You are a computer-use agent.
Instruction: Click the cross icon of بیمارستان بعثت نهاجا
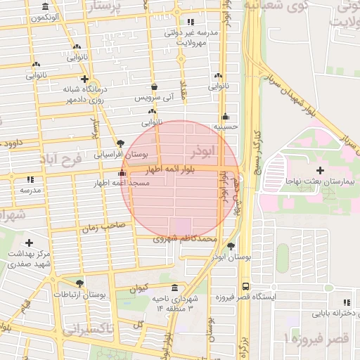(x=321, y=170)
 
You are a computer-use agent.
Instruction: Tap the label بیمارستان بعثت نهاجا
(x=321, y=181)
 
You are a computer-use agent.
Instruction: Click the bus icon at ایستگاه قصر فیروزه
(x=245, y=286)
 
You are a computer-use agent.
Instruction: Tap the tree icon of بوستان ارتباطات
(x=79, y=283)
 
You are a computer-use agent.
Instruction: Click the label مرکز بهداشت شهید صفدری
(x=29, y=259)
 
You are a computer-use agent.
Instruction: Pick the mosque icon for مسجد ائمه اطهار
(x=123, y=173)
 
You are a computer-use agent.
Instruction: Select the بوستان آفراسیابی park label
(x=121, y=153)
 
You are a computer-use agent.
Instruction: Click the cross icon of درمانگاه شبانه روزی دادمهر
(x=85, y=79)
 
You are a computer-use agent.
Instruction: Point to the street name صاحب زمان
(x=102, y=227)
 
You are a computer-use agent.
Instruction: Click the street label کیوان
(x=138, y=288)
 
